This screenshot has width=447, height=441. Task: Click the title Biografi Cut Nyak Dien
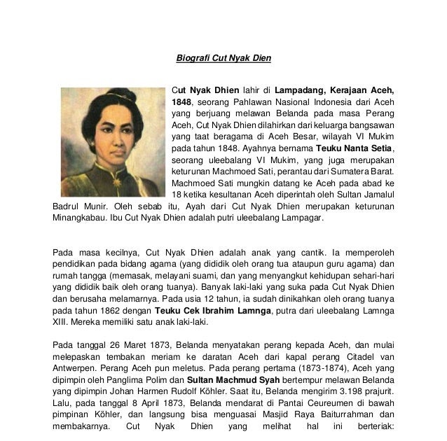click(x=223, y=58)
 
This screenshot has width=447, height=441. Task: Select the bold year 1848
click(x=181, y=101)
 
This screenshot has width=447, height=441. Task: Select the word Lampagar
click(x=302, y=218)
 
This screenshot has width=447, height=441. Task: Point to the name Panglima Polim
click(x=132, y=391)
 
